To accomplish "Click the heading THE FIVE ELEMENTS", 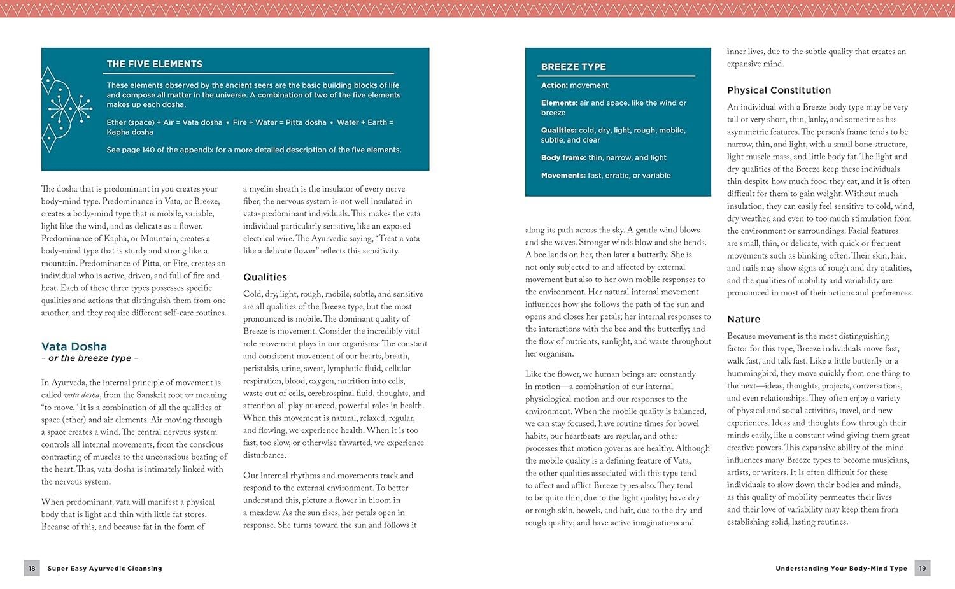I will click(x=154, y=64).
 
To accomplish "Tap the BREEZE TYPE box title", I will click(x=573, y=67).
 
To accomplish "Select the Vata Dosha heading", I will click(x=74, y=346).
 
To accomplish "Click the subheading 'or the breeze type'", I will click(x=90, y=358).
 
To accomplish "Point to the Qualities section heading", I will click(x=265, y=277).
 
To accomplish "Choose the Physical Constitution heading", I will click(x=779, y=90).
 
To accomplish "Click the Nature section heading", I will click(x=744, y=319).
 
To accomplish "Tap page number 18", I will click(x=32, y=568).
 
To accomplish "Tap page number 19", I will click(x=923, y=568).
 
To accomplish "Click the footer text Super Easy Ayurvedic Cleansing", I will click(x=104, y=569).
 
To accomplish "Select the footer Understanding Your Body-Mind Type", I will click(x=841, y=569).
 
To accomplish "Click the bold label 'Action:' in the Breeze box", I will click(x=555, y=85).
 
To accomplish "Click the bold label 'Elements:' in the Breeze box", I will click(x=559, y=103).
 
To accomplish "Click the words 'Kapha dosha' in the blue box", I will click(x=130, y=132).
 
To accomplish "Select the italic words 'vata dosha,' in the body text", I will click(x=81, y=395).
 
